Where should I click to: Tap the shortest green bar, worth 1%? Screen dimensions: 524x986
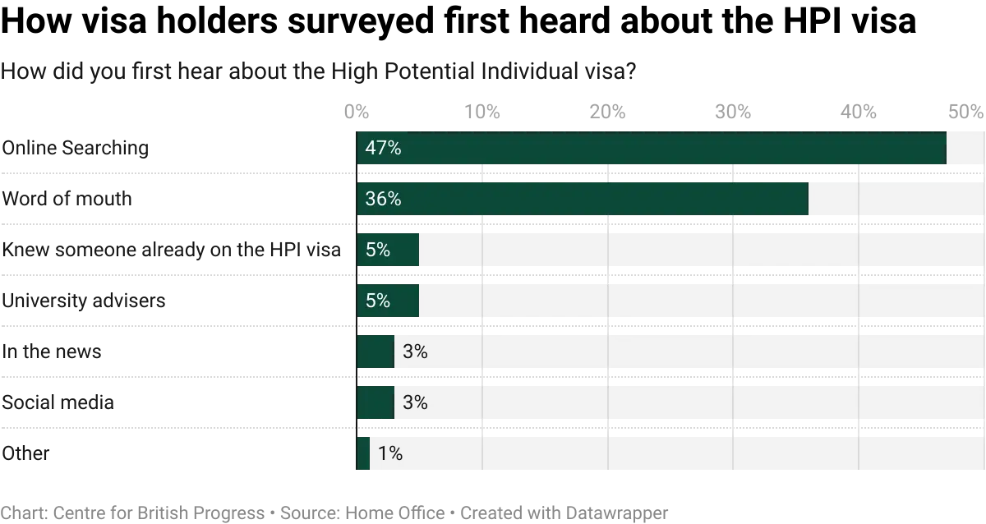(x=363, y=454)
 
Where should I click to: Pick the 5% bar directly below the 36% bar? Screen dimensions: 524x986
(x=388, y=251)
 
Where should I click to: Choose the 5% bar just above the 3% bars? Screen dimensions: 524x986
(x=388, y=301)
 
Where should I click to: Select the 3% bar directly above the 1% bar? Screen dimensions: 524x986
(x=376, y=403)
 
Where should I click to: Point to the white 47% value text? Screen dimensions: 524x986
(x=383, y=149)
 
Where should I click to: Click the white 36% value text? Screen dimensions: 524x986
(x=383, y=200)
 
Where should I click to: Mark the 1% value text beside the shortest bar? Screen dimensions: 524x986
(x=391, y=454)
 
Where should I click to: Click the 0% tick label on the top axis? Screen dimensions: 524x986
(x=355, y=110)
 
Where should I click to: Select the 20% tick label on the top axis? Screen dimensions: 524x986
(x=607, y=110)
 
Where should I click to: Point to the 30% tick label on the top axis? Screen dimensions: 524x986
(x=733, y=110)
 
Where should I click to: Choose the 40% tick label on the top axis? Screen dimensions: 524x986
(x=859, y=110)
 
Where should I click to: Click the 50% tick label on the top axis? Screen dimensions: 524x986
(x=965, y=110)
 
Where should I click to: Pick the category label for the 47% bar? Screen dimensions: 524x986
(x=76, y=149)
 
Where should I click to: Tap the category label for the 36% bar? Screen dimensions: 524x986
(x=65, y=200)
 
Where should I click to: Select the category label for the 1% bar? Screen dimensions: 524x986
(x=27, y=454)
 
